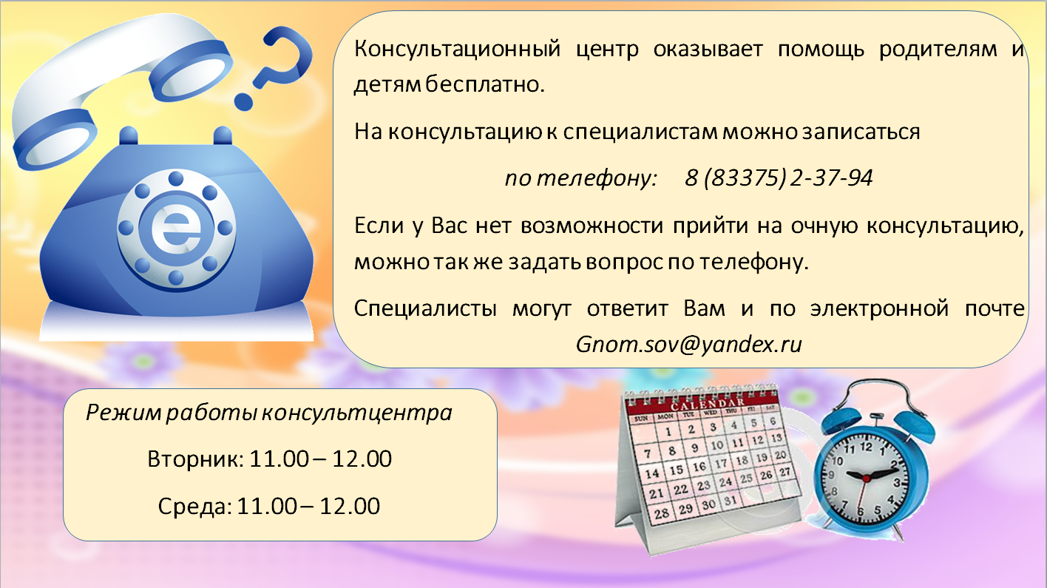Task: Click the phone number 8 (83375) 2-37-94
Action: tap(779, 178)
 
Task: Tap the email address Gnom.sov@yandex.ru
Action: tap(689, 345)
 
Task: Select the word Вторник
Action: tap(195, 459)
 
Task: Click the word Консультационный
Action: tap(457, 50)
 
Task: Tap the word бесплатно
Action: tap(485, 84)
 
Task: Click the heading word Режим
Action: tap(123, 413)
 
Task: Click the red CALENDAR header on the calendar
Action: tap(707, 403)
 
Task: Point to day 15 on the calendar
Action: tap(677, 470)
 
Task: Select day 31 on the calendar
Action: tap(730, 501)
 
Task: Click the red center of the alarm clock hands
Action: tap(866, 479)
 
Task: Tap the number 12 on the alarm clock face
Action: tap(866, 447)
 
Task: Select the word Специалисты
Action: tap(425, 309)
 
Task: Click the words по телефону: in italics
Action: tap(581, 178)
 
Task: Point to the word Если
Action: tap(379, 226)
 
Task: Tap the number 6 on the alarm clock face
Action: tap(860, 511)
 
